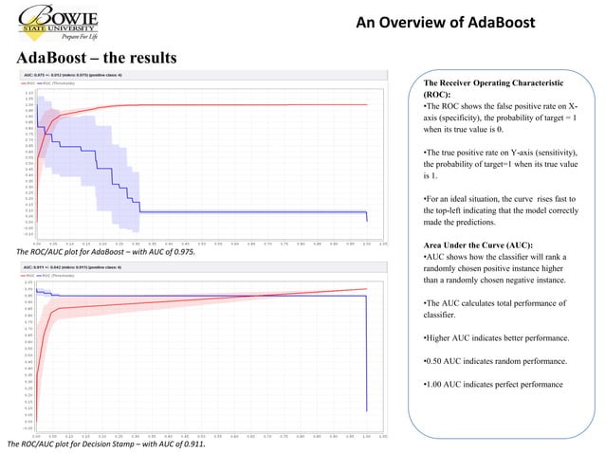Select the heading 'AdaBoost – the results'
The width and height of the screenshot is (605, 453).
click(97, 59)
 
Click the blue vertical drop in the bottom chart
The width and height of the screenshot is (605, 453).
click(367, 351)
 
